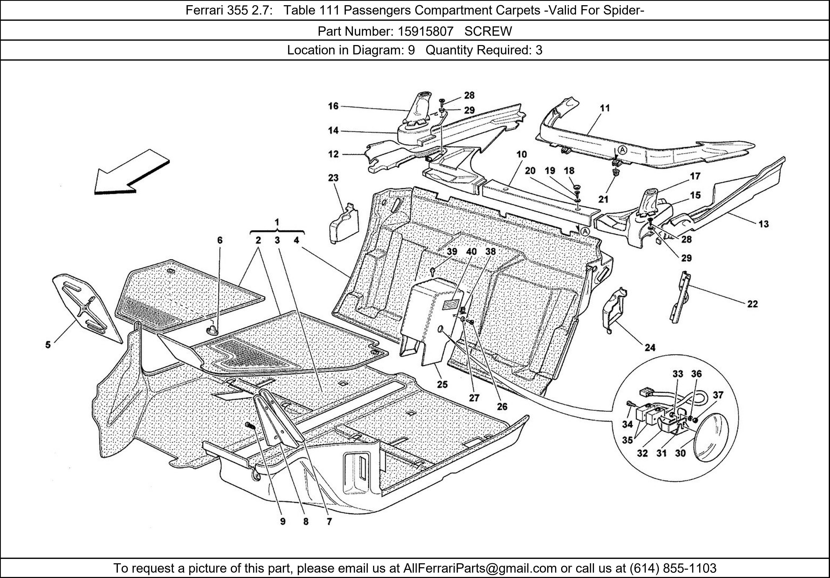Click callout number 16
[x=333, y=106]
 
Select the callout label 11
[x=605, y=108]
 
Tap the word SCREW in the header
[x=488, y=32]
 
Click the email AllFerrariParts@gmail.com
[x=480, y=568]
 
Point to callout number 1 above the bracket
[x=277, y=222]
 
